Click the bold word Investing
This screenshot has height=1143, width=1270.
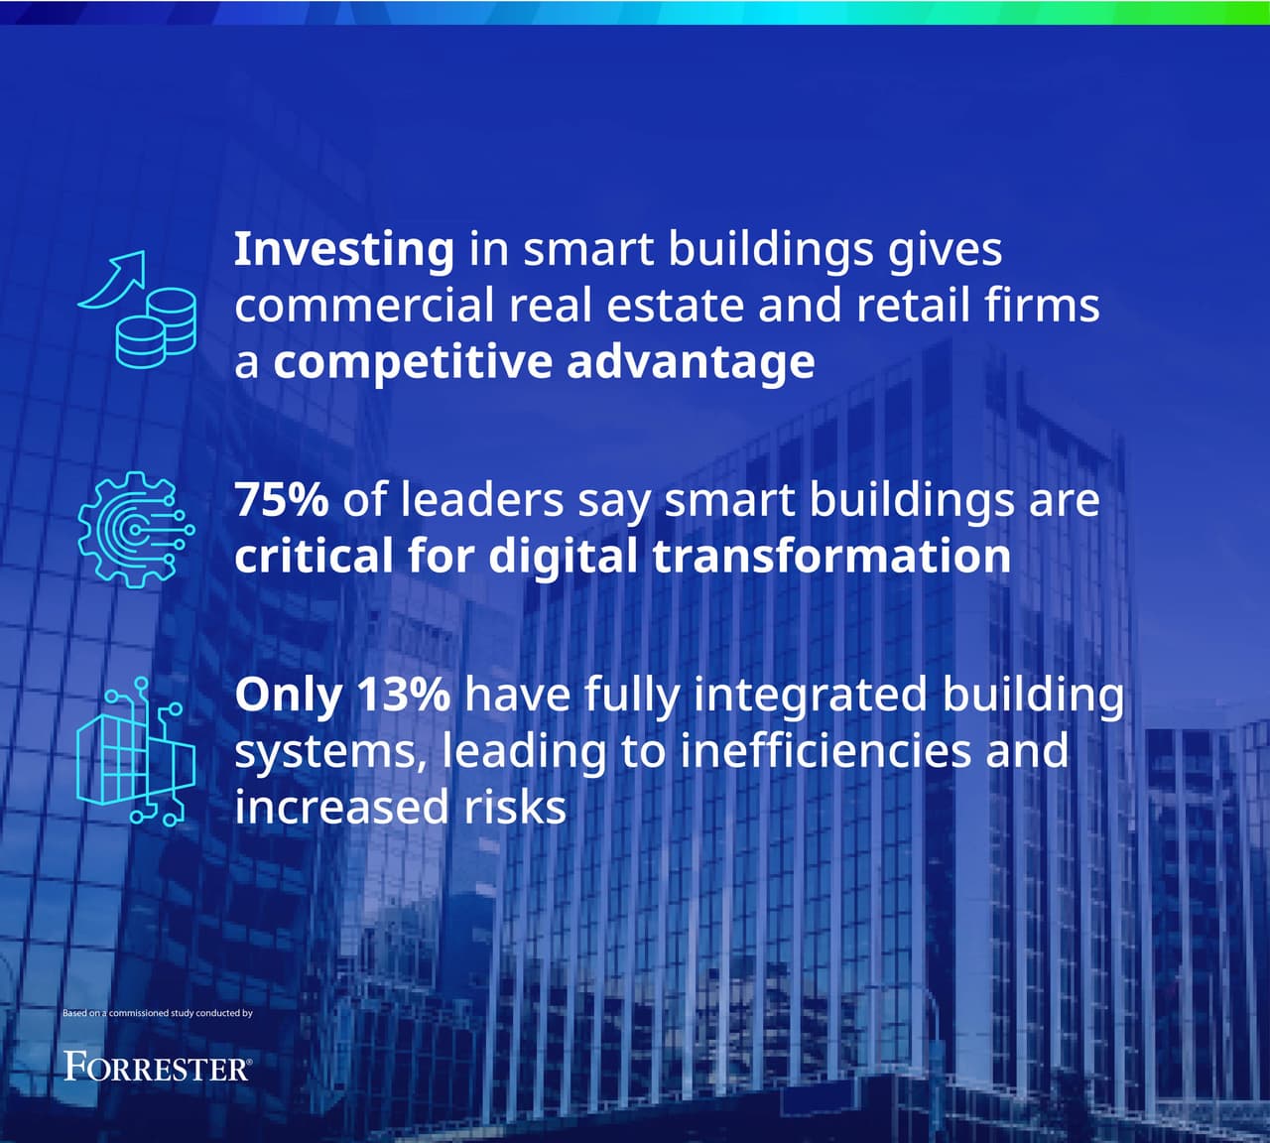click(343, 250)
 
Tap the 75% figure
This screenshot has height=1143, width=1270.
click(281, 499)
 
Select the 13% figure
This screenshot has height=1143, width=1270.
click(403, 695)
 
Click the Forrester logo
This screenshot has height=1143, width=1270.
click(157, 1068)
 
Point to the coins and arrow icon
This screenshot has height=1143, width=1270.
click(137, 310)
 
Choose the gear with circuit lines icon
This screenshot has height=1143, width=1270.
click(136, 528)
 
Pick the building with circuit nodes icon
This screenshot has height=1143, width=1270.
click(136, 752)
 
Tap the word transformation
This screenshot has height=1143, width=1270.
click(831, 556)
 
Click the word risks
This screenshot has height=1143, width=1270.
click(516, 808)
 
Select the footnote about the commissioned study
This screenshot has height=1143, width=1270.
click(158, 1013)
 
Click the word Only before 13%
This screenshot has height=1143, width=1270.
click(288, 695)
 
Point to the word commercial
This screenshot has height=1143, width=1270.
click(364, 306)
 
